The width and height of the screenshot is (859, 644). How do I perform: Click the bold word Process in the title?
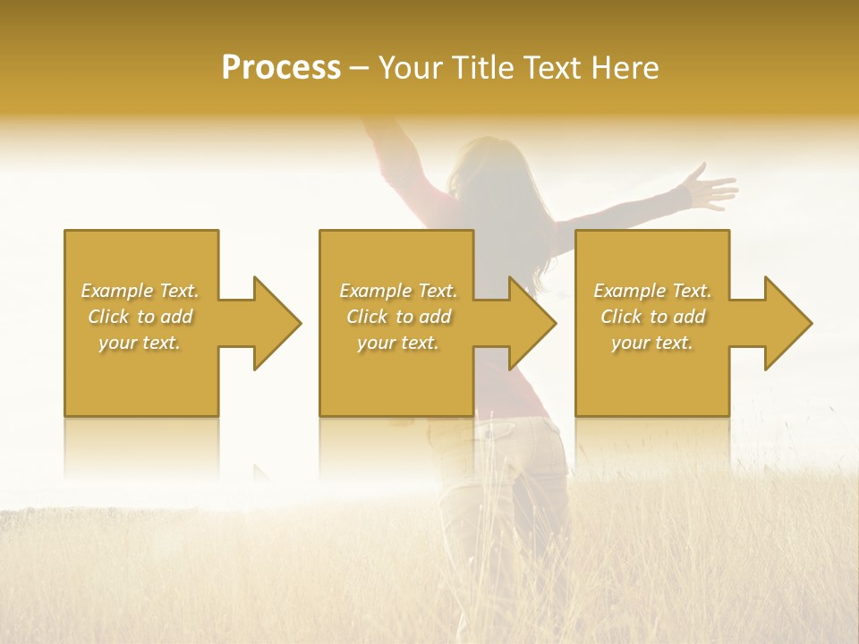click(281, 68)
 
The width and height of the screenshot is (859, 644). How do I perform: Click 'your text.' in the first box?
click(140, 343)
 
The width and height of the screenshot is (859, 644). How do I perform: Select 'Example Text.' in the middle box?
click(398, 291)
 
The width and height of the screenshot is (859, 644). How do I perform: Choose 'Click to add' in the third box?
click(653, 317)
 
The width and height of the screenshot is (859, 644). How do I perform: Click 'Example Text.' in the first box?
click(140, 291)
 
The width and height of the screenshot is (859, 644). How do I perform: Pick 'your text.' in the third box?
click(653, 343)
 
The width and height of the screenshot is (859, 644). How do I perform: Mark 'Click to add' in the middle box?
click(398, 317)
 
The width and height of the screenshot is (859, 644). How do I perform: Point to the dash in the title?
click(360, 68)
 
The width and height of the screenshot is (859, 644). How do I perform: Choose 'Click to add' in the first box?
click(140, 317)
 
